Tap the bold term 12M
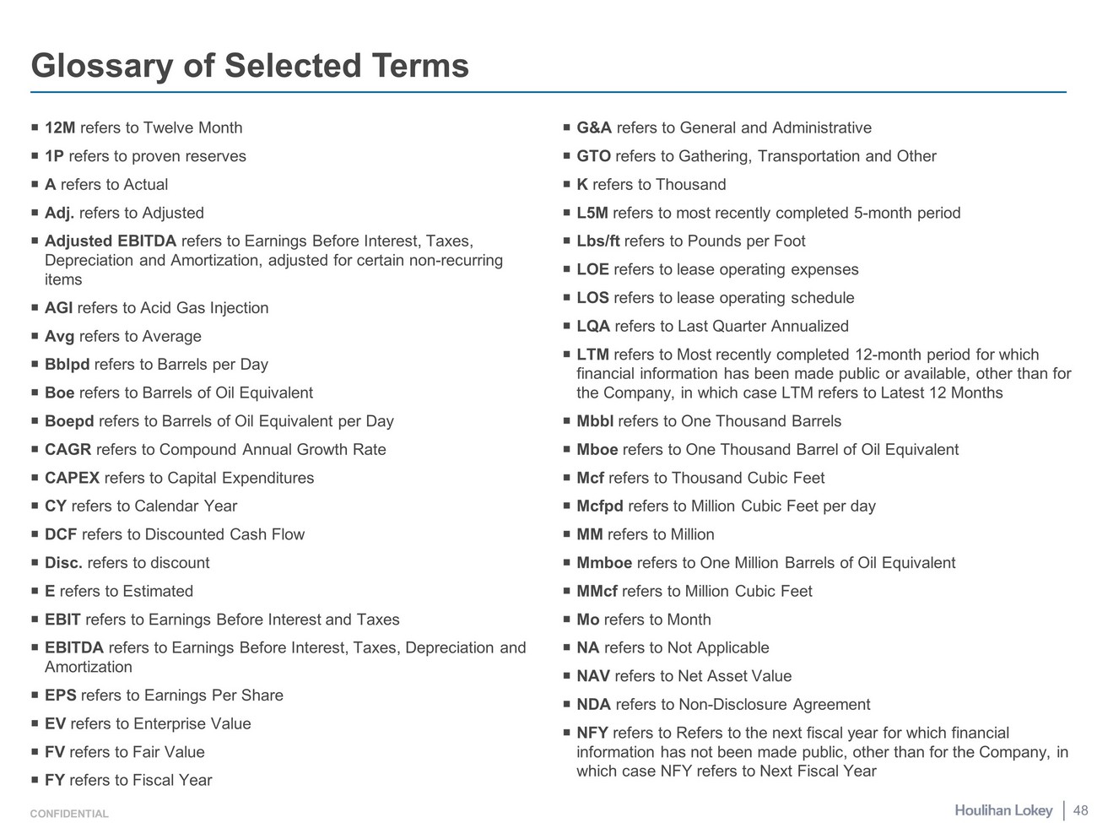[60, 128]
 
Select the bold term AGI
[58, 308]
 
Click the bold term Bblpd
[67, 365]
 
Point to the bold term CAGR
[68, 450]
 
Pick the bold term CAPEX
[72, 479]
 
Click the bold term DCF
[61, 535]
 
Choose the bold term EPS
[60, 696]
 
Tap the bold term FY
[55, 781]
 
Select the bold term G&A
[594, 128]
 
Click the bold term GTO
[593, 157]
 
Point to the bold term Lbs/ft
[597, 241]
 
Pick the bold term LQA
[593, 327]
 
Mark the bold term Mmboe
[604, 563]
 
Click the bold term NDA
[593, 705]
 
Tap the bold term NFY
[592, 734]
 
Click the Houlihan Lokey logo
[1003, 810]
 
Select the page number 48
[1080, 810]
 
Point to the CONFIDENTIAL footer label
[69, 815]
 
